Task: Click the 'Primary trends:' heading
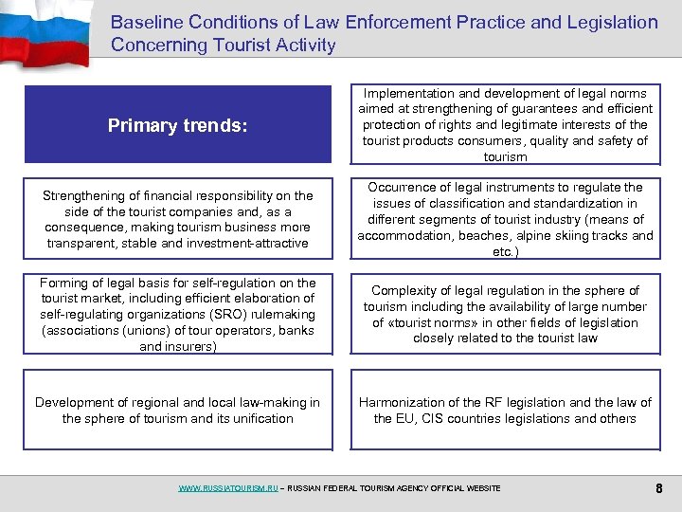point(178,125)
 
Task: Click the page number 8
point(657,488)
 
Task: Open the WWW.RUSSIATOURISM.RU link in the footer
point(228,488)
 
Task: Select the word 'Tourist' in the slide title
point(245,45)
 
